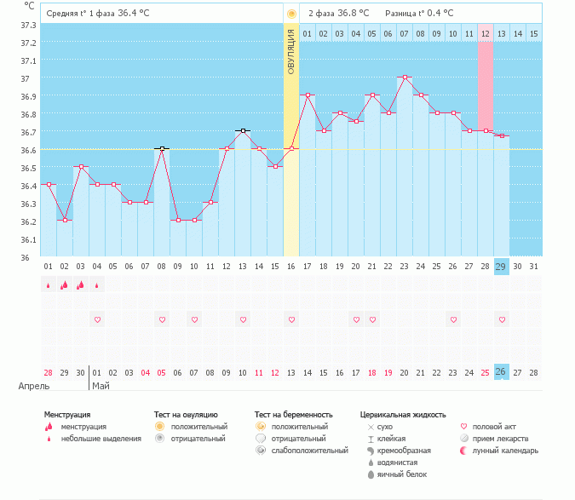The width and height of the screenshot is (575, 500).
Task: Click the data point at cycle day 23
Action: point(405,78)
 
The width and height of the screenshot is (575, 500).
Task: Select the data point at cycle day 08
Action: point(162,149)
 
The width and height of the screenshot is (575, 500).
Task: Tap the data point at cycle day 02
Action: point(65,221)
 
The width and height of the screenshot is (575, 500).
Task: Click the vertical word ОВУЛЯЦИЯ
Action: point(291,52)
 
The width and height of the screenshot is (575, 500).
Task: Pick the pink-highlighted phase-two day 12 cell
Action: point(486,34)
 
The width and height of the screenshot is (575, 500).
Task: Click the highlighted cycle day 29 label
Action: point(502,267)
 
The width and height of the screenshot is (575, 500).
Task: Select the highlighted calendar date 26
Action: point(502,372)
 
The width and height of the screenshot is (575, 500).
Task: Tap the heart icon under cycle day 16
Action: point(291,319)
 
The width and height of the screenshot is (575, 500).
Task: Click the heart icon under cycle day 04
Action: point(97,319)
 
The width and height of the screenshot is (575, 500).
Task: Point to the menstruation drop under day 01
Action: point(49,286)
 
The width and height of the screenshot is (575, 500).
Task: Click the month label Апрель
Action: point(28,386)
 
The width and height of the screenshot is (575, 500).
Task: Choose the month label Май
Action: point(101,386)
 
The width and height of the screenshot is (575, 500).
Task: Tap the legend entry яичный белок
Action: point(402,474)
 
